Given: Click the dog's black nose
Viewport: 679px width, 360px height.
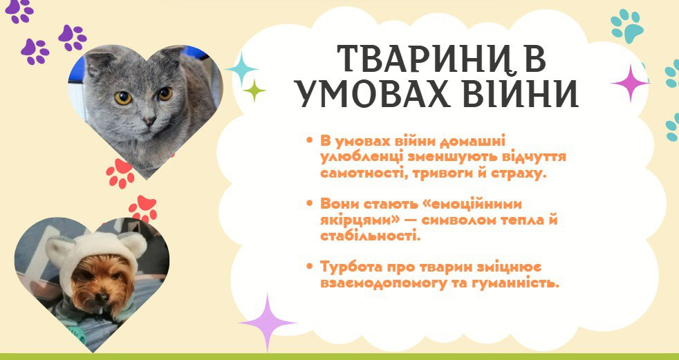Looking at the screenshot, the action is tap(102, 297).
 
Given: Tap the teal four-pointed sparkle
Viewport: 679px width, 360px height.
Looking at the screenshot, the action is tap(241, 69).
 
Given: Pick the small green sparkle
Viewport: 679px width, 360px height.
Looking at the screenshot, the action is tap(254, 91).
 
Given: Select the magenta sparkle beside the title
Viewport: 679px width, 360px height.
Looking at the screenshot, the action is tap(630, 83).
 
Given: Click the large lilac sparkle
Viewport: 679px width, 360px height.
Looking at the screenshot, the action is tap(267, 323).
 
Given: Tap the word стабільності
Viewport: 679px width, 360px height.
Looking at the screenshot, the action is tap(370, 236).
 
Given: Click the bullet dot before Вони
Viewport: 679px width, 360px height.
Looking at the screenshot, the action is tap(309, 203).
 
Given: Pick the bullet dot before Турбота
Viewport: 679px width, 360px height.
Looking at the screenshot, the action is tap(309, 265).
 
